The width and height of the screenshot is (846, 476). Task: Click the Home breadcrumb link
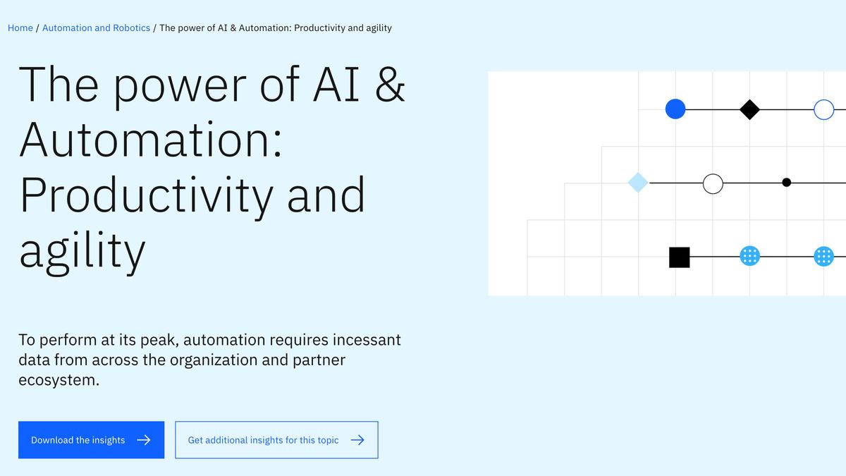[20, 28]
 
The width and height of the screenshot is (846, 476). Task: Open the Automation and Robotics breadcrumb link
[96, 28]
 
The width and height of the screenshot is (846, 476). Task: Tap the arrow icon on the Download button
[144, 440]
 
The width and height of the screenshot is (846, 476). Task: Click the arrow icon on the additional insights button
[357, 440]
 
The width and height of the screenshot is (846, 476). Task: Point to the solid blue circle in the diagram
[675, 109]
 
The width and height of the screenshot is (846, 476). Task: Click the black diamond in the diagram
[749, 109]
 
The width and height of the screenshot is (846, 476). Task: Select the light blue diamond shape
[638, 183]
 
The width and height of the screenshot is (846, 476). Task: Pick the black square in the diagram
[679, 257]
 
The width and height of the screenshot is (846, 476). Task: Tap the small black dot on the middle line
[787, 183]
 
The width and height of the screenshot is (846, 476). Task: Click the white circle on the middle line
[713, 183]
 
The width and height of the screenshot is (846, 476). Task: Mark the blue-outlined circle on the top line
[823, 109]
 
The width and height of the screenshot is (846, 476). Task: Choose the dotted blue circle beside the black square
[749, 256]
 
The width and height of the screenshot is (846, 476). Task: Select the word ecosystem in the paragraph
[59, 380]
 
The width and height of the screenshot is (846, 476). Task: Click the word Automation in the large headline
[150, 140]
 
